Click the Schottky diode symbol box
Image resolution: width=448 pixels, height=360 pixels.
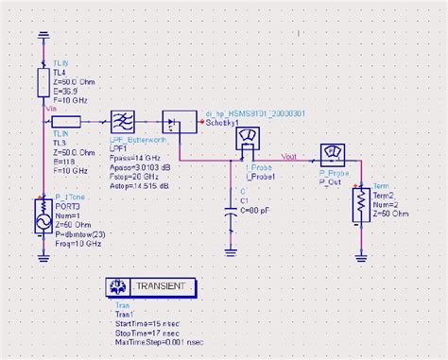coord(172,122)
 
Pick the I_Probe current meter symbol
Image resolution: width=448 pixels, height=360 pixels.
coord(249,139)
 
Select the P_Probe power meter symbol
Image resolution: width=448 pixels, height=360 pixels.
coord(332,154)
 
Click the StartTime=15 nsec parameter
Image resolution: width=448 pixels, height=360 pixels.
coord(145,323)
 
